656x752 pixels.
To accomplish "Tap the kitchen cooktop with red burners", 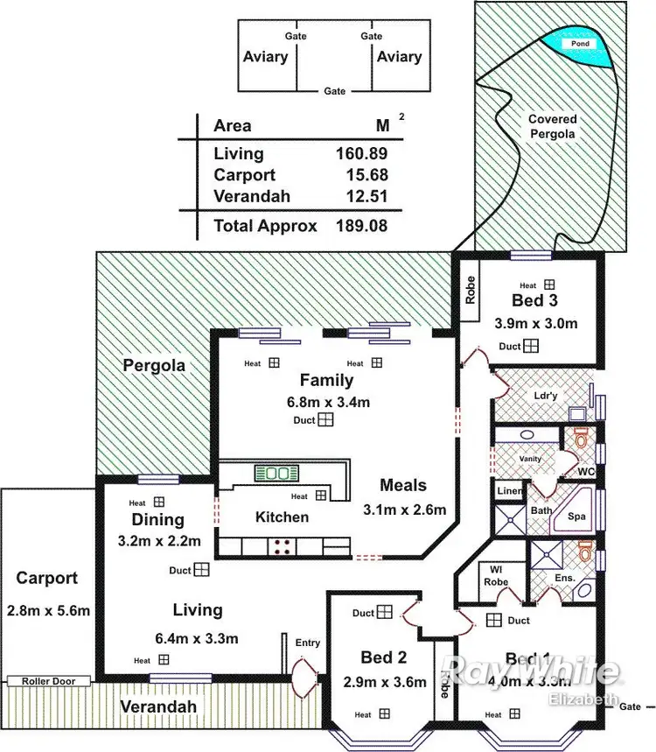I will [x=283, y=547].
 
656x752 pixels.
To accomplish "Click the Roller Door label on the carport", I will [x=49, y=680].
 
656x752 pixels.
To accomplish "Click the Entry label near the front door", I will [x=307, y=643].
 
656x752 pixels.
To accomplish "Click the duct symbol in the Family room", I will [x=325, y=420].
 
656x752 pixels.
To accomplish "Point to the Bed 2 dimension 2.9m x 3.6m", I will [x=385, y=682].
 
